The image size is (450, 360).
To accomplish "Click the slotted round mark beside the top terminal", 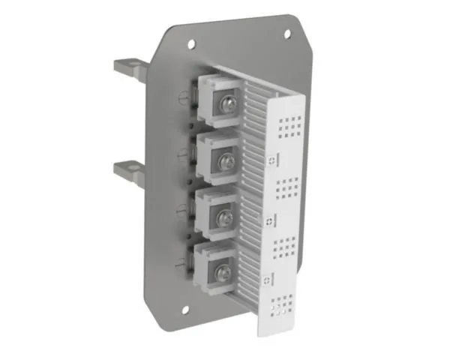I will coord(183,95).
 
